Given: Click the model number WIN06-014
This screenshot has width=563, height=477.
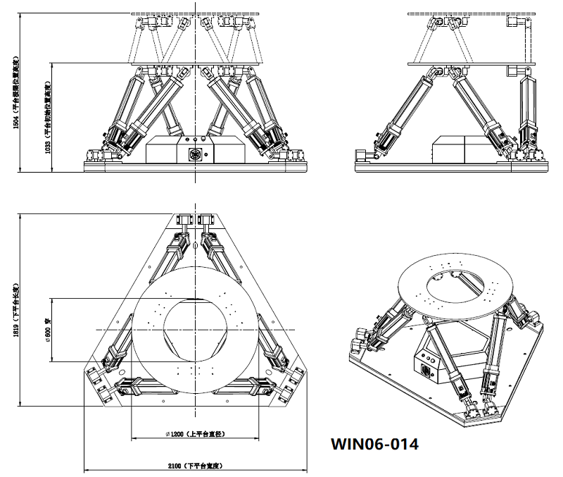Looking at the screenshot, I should coord(374,444).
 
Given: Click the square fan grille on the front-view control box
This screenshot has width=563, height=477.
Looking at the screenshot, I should coord(194,151).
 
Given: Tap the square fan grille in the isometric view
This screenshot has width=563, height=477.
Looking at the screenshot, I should coord(424,370).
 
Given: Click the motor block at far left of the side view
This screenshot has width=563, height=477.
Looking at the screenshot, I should coord(364,154).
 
